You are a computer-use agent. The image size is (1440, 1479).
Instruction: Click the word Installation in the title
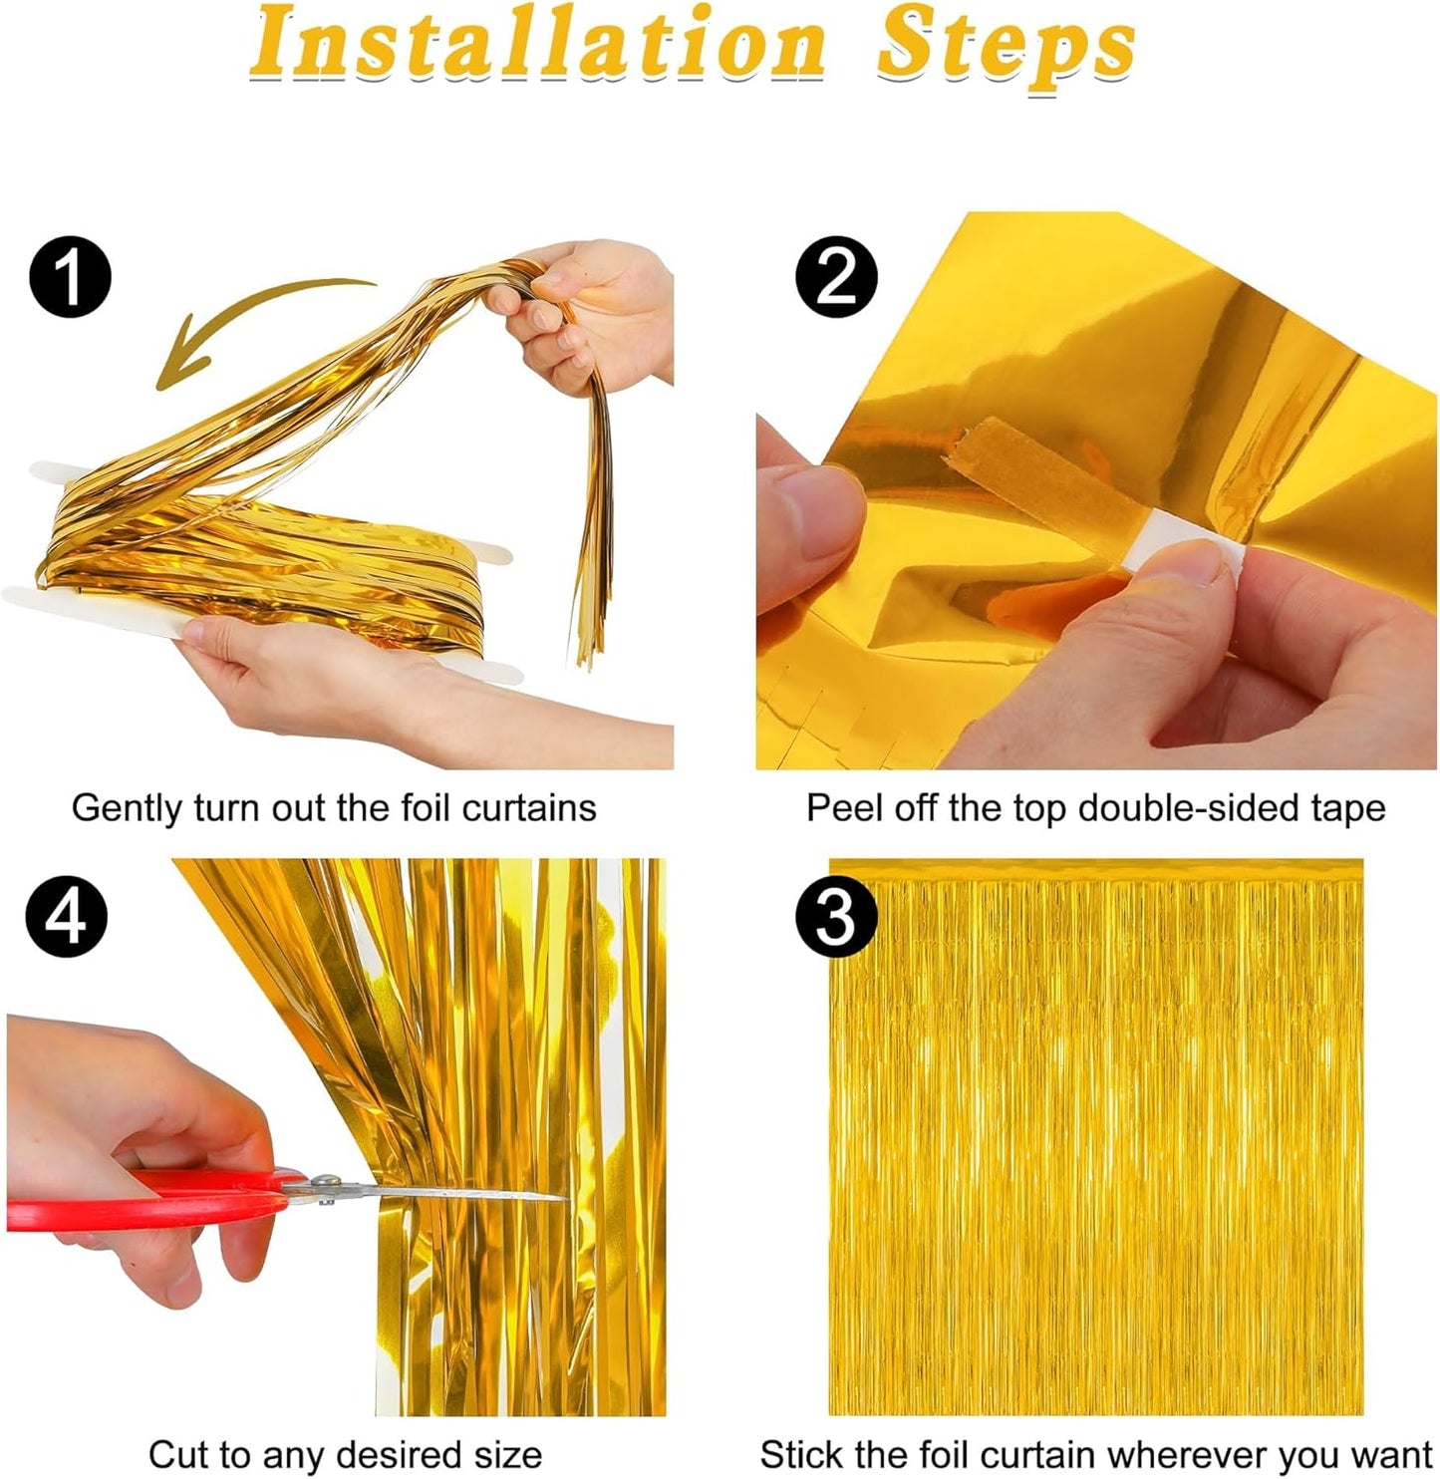[x=538, y=45]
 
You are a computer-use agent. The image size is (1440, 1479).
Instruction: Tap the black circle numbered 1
[x=70, y=277]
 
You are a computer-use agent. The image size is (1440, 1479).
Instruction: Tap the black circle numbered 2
[x=836, y=277]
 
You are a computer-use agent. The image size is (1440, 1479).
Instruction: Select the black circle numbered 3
[x=836, y=916]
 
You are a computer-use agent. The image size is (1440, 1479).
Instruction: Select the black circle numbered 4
[x=66, y=916]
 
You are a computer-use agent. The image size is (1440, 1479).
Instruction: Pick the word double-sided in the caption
[x=1196, y=807]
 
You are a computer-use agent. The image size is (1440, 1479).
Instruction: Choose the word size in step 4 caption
[x=504, y=1454]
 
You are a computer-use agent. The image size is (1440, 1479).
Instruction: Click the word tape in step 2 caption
[x=1350, y=807]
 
